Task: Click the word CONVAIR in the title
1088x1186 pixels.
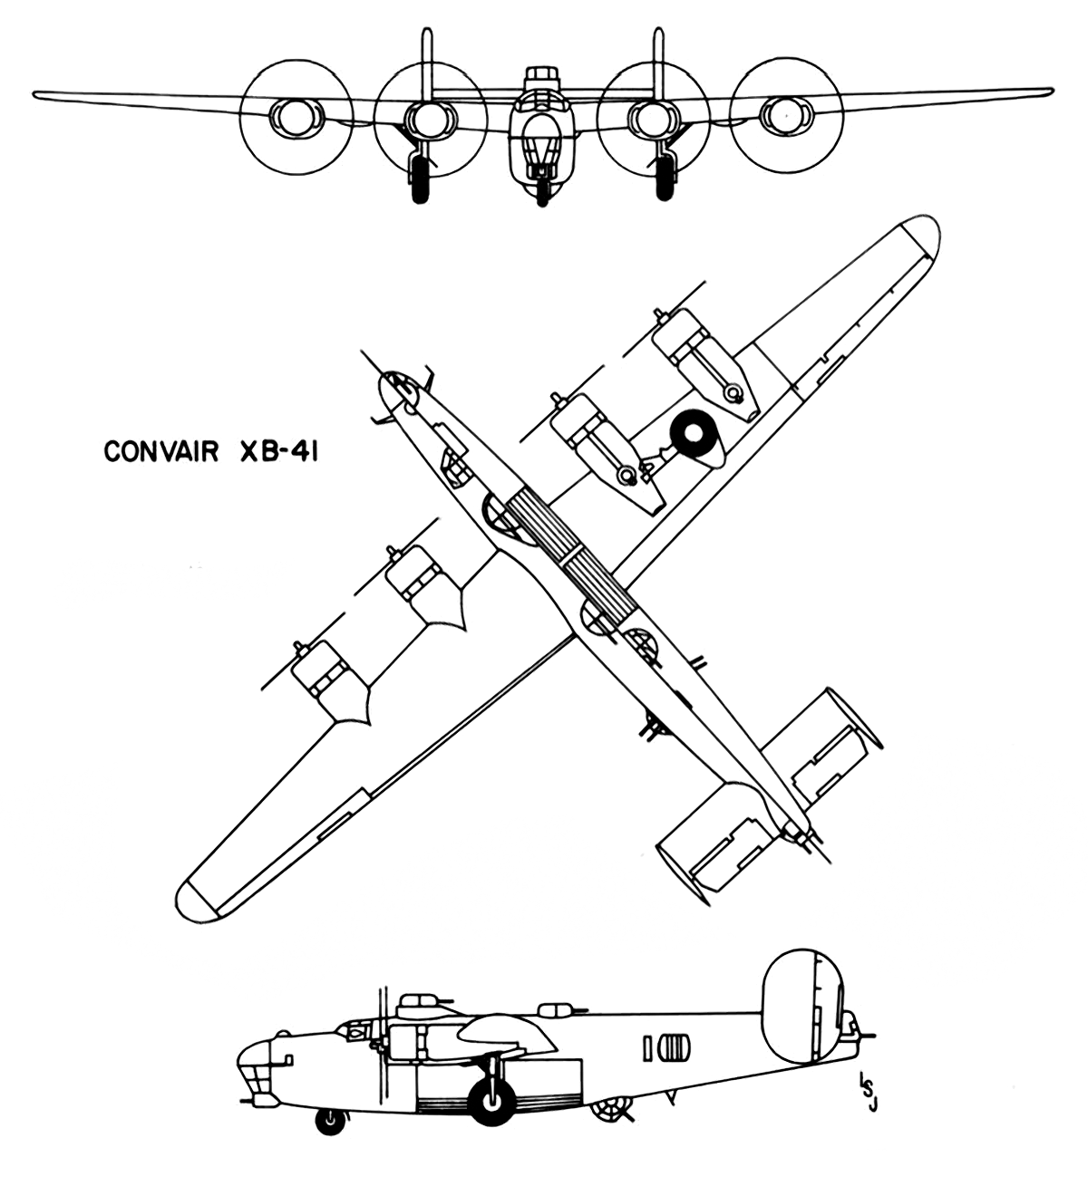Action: (x=160, y=452)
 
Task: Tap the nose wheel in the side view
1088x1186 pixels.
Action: (x=331, y=1121)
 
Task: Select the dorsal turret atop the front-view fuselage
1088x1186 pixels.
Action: (x=541, y=77)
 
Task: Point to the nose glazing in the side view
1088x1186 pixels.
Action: (x=254, y=1067)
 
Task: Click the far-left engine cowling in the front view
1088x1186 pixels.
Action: (x=297, y=116)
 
